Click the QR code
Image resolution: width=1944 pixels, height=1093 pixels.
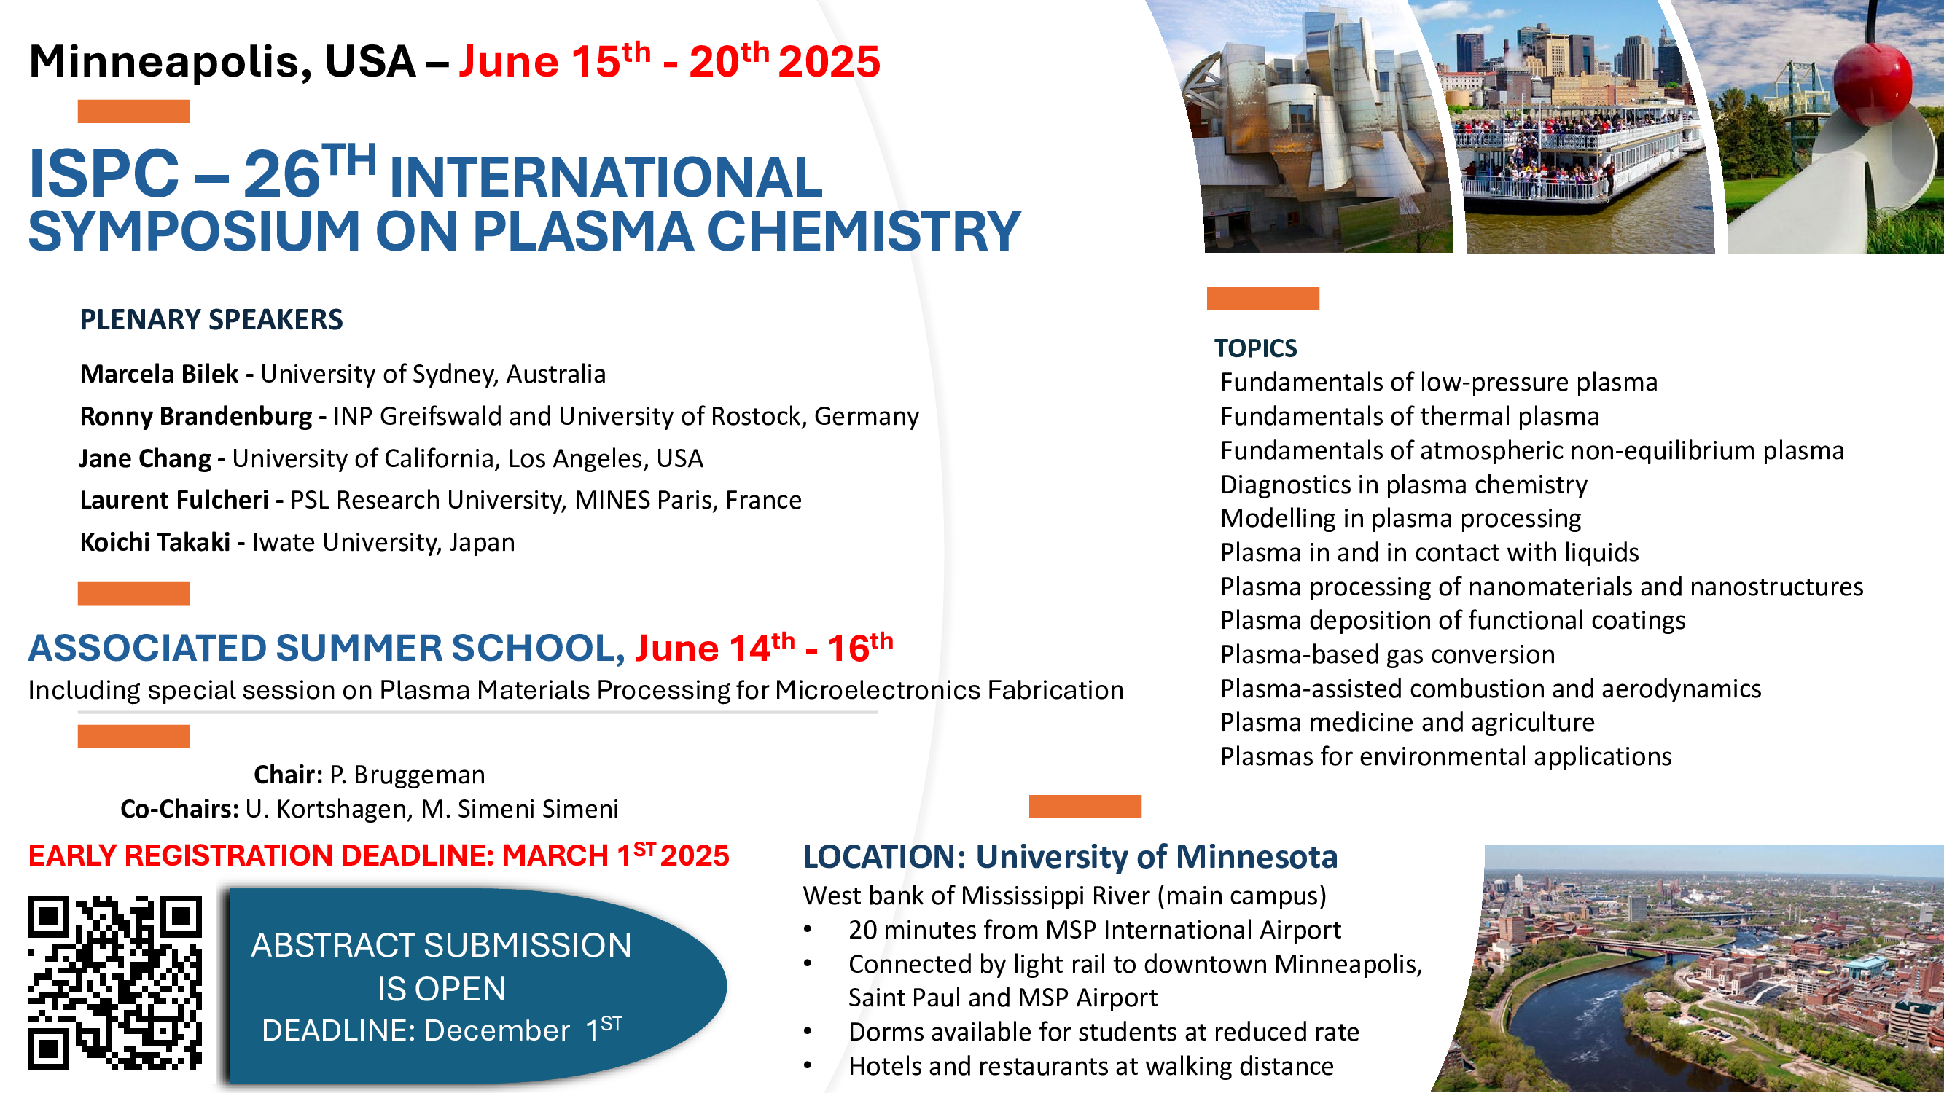(114, 983)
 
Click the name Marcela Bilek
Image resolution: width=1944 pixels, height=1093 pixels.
(159, 374)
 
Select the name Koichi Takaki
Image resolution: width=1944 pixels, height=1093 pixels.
(155, 542)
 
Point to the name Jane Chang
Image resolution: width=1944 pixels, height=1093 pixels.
(146, 458)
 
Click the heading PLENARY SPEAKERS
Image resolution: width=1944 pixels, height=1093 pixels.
(211, 320)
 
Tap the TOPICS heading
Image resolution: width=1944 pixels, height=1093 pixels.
(1255, 348)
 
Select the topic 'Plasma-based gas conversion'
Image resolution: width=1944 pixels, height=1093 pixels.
(1387, 655)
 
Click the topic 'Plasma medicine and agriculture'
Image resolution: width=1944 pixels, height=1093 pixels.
(1408, 723)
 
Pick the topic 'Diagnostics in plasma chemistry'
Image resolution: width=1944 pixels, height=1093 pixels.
(1404, 485)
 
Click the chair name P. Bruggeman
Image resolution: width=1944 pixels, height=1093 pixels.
(407, 775)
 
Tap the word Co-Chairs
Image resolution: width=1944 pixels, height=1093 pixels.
(179, 809)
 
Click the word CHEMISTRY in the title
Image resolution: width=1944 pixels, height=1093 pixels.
(863, 231)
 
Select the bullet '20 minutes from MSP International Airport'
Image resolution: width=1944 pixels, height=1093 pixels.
(1094, 930)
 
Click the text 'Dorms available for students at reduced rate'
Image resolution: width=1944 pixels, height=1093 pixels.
(1104, 1032)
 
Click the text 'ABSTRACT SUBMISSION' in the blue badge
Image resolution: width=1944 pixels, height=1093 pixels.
(442, 945)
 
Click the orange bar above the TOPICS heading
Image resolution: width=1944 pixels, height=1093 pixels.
(1262, 299)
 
